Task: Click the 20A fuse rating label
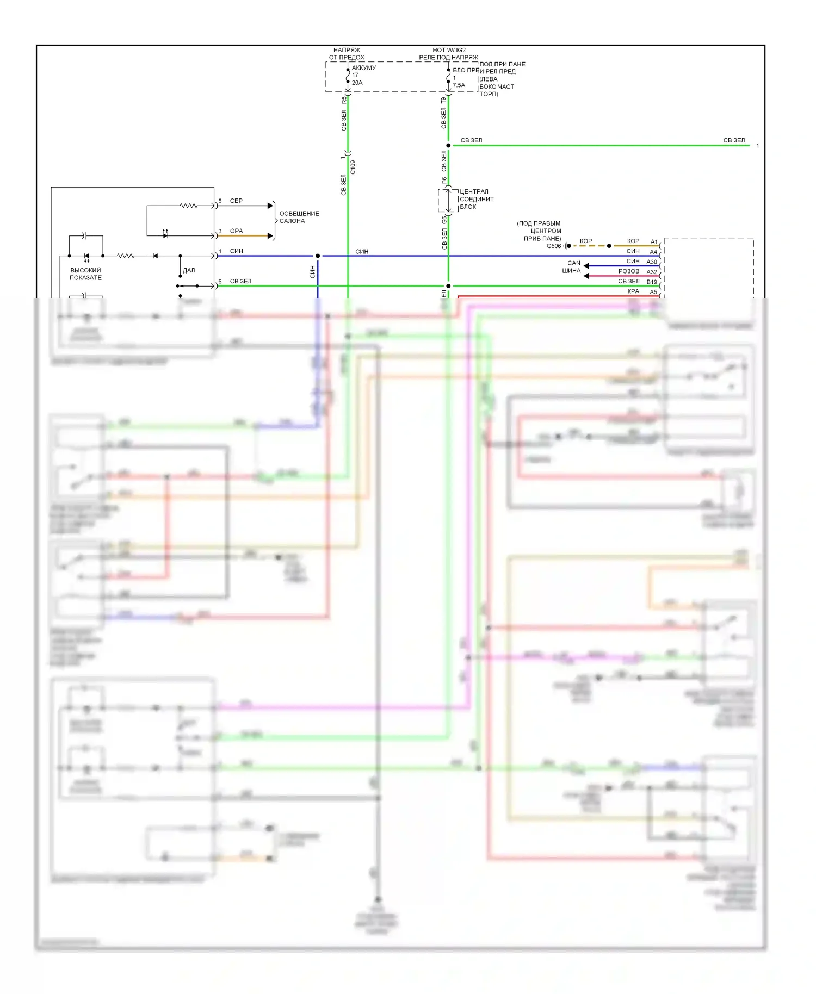tap(357, 83)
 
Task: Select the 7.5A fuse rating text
tap(459, 85)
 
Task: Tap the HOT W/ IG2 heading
tap(449, 50)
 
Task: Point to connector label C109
tap(353, 167)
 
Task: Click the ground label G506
tap(553, 246)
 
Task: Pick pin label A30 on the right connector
tap(652, 262)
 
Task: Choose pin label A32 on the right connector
tap(652, 272)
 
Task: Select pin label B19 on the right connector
tap(652, 282)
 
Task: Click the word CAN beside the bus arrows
tap(574, 263)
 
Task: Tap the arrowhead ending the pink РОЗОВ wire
tap(586, 276)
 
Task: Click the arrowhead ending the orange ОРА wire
tap(270, 236)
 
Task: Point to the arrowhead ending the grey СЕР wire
tap(270, 206)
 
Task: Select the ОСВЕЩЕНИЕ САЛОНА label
tap(299, 217)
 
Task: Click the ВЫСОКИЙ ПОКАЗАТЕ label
tap(85, 274)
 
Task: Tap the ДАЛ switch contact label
tap(189, 270)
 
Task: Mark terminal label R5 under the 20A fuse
tap(344, 101)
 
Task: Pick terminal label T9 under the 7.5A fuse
tap(444, 100)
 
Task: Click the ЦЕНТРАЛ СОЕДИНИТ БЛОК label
tap(476, 199)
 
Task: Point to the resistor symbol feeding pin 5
tap(189, 206)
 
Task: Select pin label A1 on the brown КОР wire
tap(654, 241)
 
